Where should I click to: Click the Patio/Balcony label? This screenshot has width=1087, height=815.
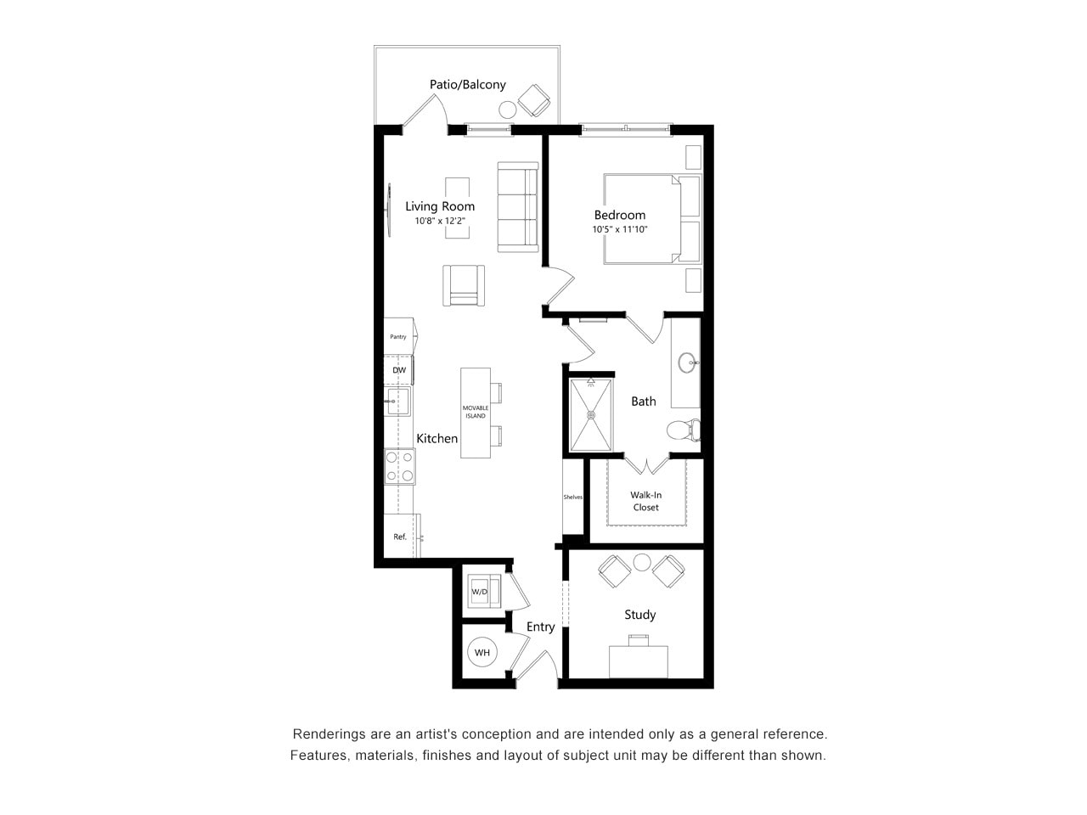467,85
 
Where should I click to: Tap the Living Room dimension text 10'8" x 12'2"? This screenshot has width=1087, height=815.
440,221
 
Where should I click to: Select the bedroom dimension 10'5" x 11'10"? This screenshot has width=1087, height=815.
620,229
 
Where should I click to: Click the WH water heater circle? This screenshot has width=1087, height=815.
482,653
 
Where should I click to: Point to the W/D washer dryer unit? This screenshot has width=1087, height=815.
481,592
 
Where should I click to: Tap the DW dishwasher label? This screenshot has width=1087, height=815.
398,371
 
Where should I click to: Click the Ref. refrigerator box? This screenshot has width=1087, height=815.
400,537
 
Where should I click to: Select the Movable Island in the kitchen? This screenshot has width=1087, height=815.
476,413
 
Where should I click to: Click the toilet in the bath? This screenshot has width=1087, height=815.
681,430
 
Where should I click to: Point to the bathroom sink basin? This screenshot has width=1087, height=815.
688,363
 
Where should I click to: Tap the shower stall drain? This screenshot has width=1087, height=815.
591,415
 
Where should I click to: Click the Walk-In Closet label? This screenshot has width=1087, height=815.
645,501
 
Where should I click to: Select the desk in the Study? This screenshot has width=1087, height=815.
639,661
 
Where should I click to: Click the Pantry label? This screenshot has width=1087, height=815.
398,337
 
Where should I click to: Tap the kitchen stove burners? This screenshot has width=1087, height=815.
399,466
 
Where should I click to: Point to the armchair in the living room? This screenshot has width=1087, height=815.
464,285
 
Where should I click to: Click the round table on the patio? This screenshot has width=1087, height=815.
508,110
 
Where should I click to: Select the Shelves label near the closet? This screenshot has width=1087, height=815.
573,497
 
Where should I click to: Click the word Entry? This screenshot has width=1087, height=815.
540,627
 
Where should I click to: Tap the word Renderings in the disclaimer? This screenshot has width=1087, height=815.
331,734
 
